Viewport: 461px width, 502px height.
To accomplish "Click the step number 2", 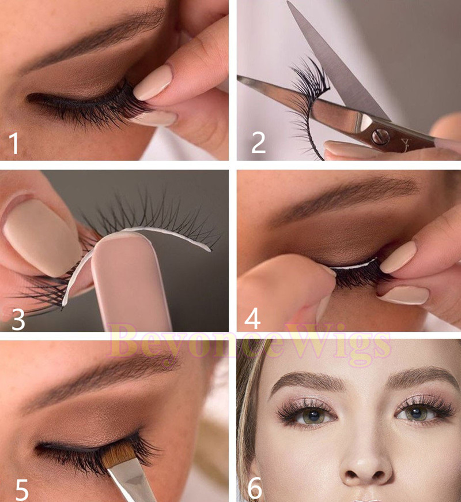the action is pyautogui.click(x=258, y=143).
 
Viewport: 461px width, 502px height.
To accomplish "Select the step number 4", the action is pyautogui.click(x=252, y=319).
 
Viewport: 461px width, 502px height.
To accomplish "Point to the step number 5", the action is pyautogui.click(x=22, y=489).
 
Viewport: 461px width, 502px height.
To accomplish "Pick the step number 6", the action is pyautogui.click(x=255, y=488).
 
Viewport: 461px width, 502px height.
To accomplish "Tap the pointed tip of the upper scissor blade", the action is pyautogui.click(x=288, y=2).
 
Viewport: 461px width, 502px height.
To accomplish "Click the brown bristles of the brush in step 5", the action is pyautogui.click(x=119, y=454).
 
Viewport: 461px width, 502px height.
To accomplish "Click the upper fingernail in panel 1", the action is pyautogui.click(x=153, y=83).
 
